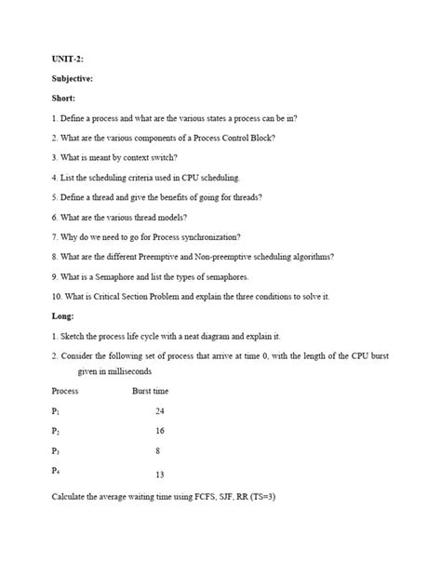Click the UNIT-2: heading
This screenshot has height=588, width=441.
66,58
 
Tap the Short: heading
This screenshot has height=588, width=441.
64,98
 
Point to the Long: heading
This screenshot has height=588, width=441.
63,315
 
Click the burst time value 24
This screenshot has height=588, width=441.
160,411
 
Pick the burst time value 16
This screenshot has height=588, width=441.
160,432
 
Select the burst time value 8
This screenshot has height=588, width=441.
158,451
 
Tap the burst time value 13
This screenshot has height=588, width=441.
160,474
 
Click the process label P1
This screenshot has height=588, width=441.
56,411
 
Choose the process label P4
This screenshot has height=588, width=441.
56,471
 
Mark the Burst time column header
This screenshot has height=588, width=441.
151,392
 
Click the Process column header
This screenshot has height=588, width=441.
65,392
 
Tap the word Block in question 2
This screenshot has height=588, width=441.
261,138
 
